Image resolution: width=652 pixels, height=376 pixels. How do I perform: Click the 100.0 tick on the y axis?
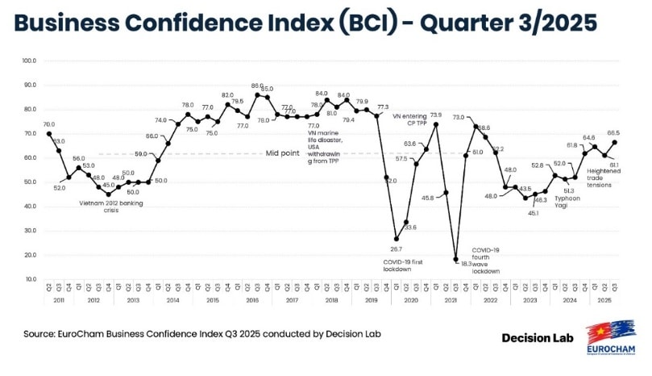(30, 61)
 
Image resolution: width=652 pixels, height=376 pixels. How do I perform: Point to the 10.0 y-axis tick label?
(30, 279)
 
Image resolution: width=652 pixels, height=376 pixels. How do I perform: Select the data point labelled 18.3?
(455, 259)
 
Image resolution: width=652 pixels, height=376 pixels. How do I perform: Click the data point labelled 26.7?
(396, 239)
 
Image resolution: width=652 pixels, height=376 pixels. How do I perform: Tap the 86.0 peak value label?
(257, 86)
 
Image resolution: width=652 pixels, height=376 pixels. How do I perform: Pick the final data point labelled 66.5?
(615, 142)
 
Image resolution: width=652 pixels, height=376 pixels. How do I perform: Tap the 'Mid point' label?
(282, 153)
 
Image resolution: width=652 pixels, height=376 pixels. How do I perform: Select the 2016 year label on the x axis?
(252, 299)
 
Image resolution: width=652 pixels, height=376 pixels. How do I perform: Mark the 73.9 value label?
(436, 115)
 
